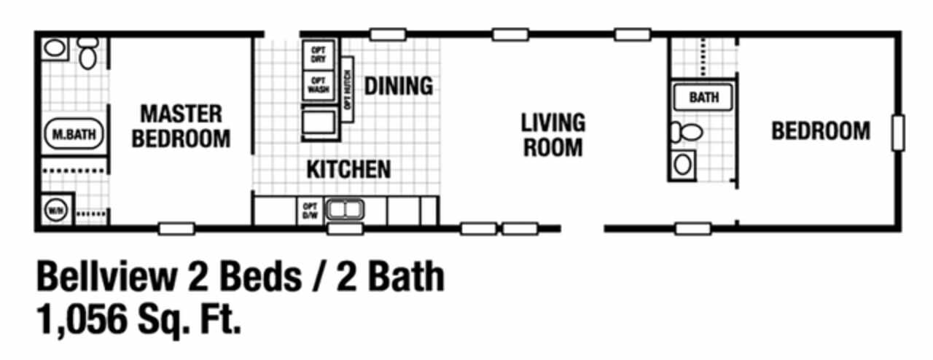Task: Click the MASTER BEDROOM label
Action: pos(181,125)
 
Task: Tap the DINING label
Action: pos(399,86)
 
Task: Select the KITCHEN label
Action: pos(348,169)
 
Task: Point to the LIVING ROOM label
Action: pos(553,134)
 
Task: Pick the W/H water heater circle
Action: pos(55,211)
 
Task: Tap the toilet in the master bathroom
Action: pos(88,53)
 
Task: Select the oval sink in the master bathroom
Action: pos(55,50)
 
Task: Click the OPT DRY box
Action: pos(319,54)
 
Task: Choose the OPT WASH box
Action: pos(319,85)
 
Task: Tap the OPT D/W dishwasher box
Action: pos(309,211)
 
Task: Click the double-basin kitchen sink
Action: pos(344,211)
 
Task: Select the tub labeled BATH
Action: pos(703,97)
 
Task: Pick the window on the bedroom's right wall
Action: pos(897,133)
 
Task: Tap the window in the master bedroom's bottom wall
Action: pos(176,228)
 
